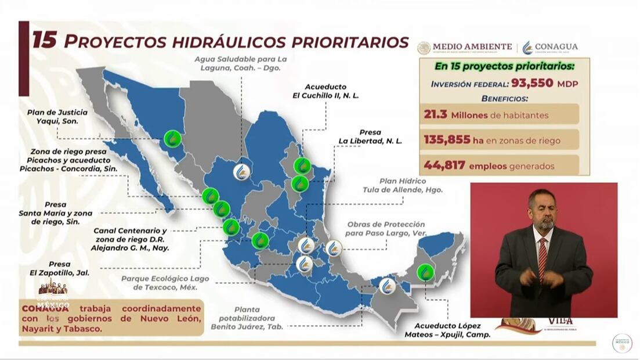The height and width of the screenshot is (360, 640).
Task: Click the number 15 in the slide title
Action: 44,41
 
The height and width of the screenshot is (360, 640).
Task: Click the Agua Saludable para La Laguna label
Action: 241,63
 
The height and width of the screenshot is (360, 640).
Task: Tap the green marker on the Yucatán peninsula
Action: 428,272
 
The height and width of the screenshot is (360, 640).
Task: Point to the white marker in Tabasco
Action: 388,286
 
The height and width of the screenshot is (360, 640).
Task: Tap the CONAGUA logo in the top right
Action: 550,47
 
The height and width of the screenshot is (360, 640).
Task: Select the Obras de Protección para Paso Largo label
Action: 386,229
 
